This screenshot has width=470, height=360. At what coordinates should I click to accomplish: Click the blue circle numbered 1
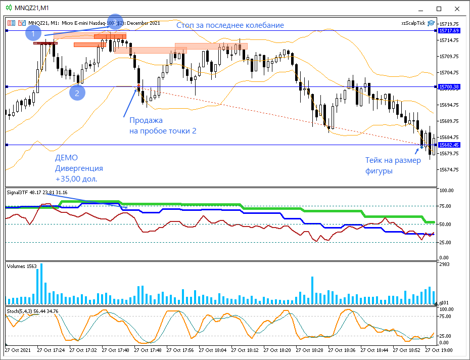[33, 34]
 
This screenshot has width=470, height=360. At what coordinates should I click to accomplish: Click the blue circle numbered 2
[77, 93]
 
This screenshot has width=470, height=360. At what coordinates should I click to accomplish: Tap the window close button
[458, 8]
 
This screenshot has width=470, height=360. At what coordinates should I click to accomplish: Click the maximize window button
[439, 8]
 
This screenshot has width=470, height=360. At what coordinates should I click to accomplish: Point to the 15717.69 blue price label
[449, 31]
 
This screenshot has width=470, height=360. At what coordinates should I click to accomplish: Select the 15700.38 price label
[449, 87]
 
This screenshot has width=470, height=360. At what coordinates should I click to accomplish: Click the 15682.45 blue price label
[449, 145]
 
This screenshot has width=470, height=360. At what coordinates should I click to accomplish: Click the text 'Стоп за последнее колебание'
[230, 25]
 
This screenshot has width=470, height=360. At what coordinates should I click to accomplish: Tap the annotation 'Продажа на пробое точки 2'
[162, 125]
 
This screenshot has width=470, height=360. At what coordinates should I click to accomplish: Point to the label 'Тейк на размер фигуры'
[393, 165]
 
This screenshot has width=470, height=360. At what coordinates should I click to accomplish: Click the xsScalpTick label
[413, 23]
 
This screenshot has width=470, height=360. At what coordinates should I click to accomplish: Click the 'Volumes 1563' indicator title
[21, 266]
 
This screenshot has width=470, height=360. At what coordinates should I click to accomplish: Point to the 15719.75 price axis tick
[449, 24]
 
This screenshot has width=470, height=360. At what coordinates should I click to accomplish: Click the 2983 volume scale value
[445, 265]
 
